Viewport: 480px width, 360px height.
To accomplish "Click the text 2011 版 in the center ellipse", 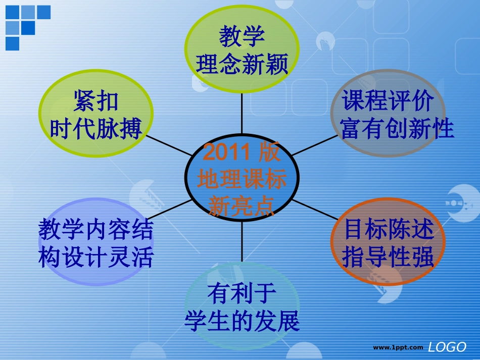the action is tap(241, 151).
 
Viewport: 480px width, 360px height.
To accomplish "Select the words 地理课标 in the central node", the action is tap(242, 179).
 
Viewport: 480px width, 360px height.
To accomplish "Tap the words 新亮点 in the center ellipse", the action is tap(241, 206).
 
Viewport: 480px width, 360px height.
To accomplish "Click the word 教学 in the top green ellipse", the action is tap(242, 36).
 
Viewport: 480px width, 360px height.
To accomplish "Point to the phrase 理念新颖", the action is tap(242, 64).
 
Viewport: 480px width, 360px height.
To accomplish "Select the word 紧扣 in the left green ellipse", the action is tap(96, 101).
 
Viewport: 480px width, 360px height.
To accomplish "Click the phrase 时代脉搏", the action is tap(96, 128).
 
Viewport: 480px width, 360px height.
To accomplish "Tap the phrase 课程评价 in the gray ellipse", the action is tap(388, 100).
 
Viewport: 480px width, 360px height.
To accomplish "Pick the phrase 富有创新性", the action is tap(397, 128).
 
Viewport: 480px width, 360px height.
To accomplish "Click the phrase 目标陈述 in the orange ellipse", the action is tap(389, 229).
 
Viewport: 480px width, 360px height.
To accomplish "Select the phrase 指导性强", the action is tap(388, 256).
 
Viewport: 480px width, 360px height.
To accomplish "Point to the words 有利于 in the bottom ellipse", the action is tap(242, 293).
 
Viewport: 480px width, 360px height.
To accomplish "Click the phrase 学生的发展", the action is tap(242, 321).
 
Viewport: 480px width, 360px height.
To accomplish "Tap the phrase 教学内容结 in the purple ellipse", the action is tap(96, 229).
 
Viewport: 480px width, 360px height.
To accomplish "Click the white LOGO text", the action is tap(447, 347).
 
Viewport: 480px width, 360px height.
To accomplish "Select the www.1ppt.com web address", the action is tap(398, 347).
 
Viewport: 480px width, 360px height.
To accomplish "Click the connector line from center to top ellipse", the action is tap(242, 114).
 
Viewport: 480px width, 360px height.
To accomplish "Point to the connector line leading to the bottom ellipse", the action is tap(242, 241).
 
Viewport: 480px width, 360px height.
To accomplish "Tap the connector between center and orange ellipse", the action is tap(315, 210).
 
